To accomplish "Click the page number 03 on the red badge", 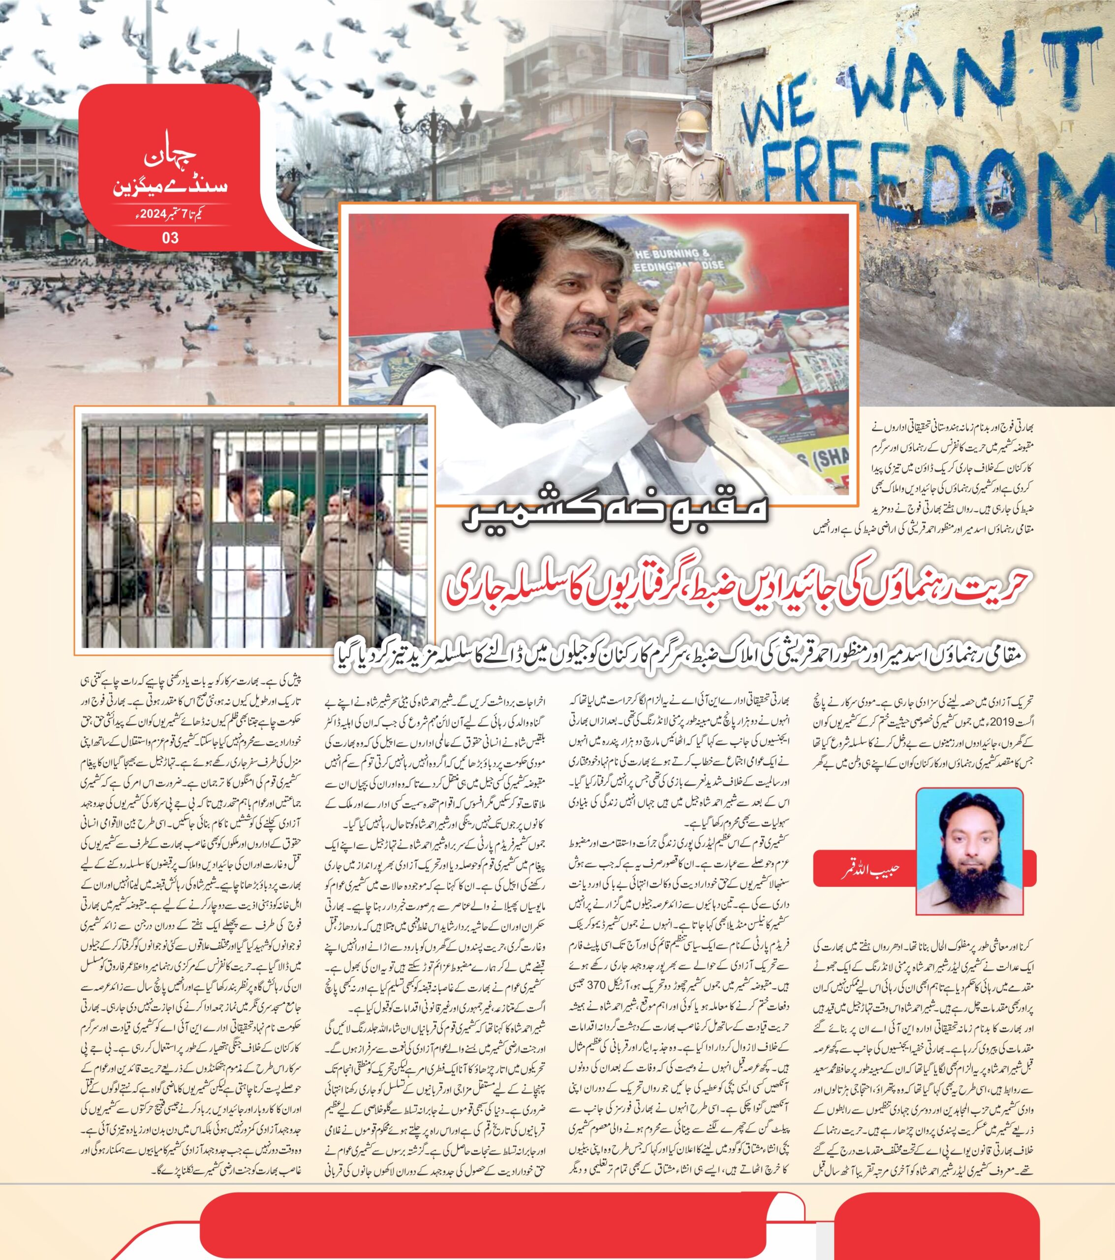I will pyautogui.click(x=170, y=238).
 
